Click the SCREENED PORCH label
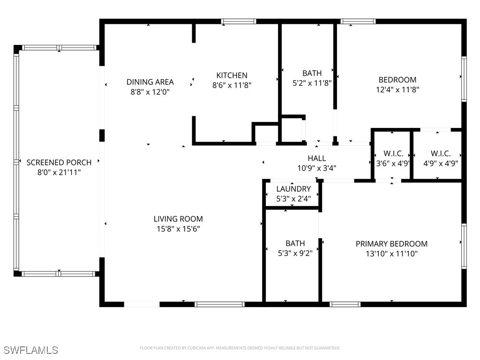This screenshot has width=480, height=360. [x=59, y=162]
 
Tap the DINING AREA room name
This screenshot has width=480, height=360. [x=150, y=82]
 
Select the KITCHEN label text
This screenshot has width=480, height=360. [x=232, y=75]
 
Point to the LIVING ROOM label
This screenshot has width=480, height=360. [x=178, y=219]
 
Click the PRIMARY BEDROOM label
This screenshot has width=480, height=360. [x=391, y=244]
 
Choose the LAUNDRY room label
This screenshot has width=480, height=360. [x=293, y=189]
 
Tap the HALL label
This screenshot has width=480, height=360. [x=317, y=158]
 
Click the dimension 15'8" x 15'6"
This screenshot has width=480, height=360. [x=178, y=229]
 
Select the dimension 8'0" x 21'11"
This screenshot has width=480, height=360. [x=59, y=172]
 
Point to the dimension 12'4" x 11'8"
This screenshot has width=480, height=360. [x=397, y=89]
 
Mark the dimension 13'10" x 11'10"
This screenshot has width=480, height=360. [x=391, y=254]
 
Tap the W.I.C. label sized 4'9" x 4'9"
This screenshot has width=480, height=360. [x=440, y=154]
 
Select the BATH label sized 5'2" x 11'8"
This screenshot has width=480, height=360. [x=312, y=73]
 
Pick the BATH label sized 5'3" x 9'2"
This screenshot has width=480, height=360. [x=295, y=243]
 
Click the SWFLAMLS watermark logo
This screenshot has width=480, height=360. [x=30, y=350]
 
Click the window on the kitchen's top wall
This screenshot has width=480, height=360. [x=239, y=22]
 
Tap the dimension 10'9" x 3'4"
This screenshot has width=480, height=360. [x=317, y=168]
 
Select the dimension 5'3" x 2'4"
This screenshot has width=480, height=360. [x=293, y=198]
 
